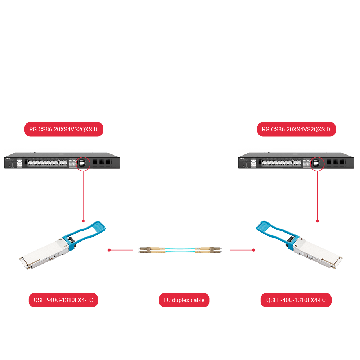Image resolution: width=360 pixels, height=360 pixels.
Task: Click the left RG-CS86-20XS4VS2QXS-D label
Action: pos(63,130)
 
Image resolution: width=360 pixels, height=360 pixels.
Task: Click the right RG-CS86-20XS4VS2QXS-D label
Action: pos(296,130)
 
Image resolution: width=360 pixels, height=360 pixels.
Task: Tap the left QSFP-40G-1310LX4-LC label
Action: pos(63,300)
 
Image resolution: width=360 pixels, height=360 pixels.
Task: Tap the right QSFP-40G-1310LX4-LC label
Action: pos(296,300)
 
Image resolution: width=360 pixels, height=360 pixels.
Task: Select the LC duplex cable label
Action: pos(184,300)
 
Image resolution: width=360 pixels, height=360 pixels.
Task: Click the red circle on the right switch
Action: pos(317,163)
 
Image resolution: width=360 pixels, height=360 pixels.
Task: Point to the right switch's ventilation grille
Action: pos(337,163)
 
